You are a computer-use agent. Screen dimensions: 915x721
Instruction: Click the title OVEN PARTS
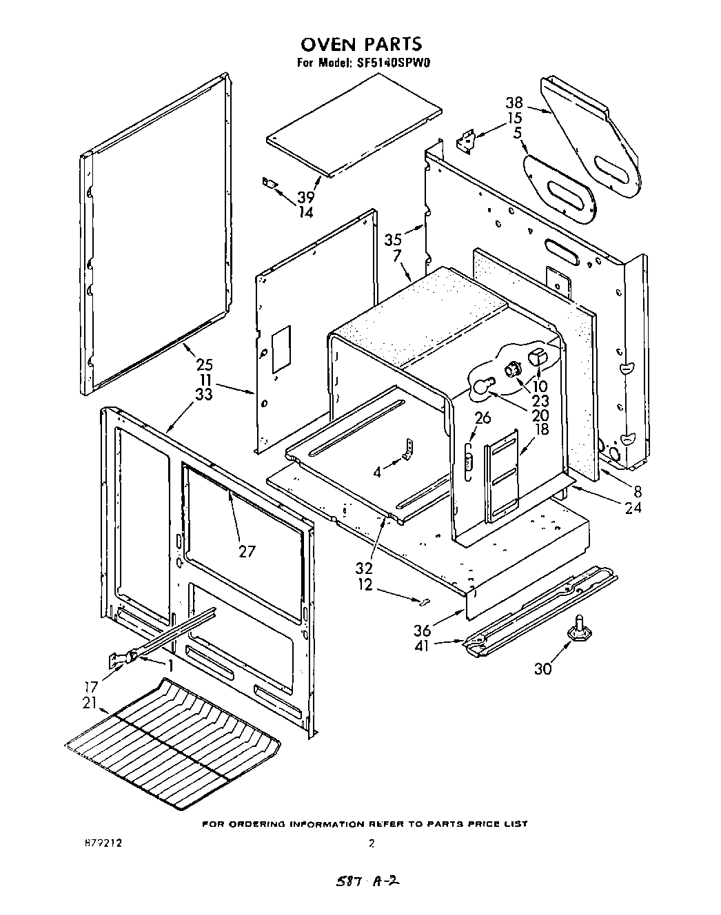[360, 44]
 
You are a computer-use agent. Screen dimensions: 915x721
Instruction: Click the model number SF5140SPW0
[392, 63]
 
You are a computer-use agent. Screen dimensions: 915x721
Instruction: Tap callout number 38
[514, 103]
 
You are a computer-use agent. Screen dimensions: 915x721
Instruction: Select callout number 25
[205, 364]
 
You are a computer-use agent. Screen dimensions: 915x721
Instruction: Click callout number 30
[543, 668]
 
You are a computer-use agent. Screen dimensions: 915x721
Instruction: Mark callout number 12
[365, 584]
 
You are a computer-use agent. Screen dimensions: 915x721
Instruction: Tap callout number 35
[393, 240]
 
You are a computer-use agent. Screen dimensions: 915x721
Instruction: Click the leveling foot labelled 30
[579, 628]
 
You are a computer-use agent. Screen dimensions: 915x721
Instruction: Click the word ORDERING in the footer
[256, 823]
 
